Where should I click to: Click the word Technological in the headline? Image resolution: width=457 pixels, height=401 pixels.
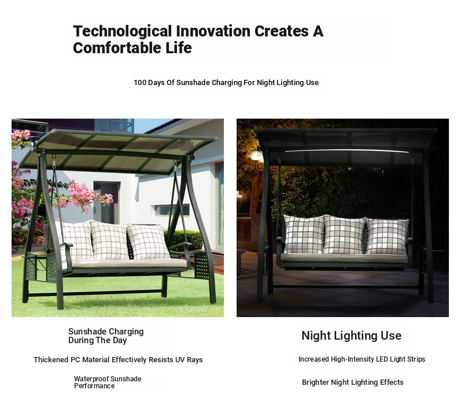point(123,32)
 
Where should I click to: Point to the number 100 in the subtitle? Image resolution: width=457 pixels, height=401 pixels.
point(140,83)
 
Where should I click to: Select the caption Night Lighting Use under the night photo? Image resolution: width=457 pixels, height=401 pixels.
point(352,336)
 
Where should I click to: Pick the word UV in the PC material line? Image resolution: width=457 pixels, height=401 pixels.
point(179,359)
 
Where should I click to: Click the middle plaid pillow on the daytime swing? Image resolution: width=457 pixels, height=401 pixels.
point(109,240)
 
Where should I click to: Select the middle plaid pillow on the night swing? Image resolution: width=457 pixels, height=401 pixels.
point(345,234)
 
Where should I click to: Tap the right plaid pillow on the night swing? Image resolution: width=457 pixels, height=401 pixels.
point(387,236)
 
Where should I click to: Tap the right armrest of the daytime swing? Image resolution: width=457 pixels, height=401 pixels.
point(180,245)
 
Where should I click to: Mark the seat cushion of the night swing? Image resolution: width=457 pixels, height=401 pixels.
point(344,258)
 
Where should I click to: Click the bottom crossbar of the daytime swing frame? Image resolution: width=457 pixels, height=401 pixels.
point(95,293)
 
